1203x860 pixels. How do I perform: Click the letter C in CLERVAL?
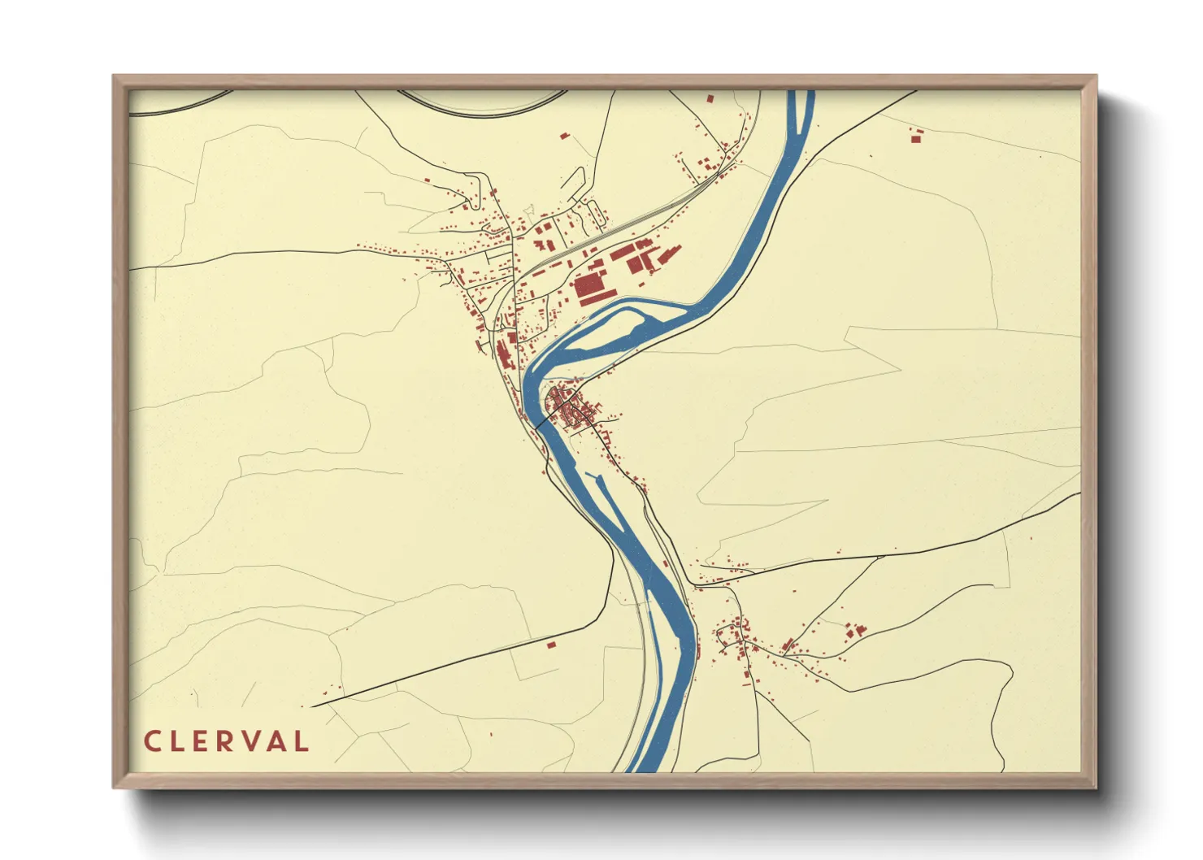[152, 741]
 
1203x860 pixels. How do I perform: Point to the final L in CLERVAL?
[302, 741]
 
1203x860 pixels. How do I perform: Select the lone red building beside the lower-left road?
[550, 645]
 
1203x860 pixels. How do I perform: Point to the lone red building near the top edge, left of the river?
[710, 98]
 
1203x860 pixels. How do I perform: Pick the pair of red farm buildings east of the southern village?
[854, 630]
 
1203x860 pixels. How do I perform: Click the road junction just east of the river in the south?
[693, 584]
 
